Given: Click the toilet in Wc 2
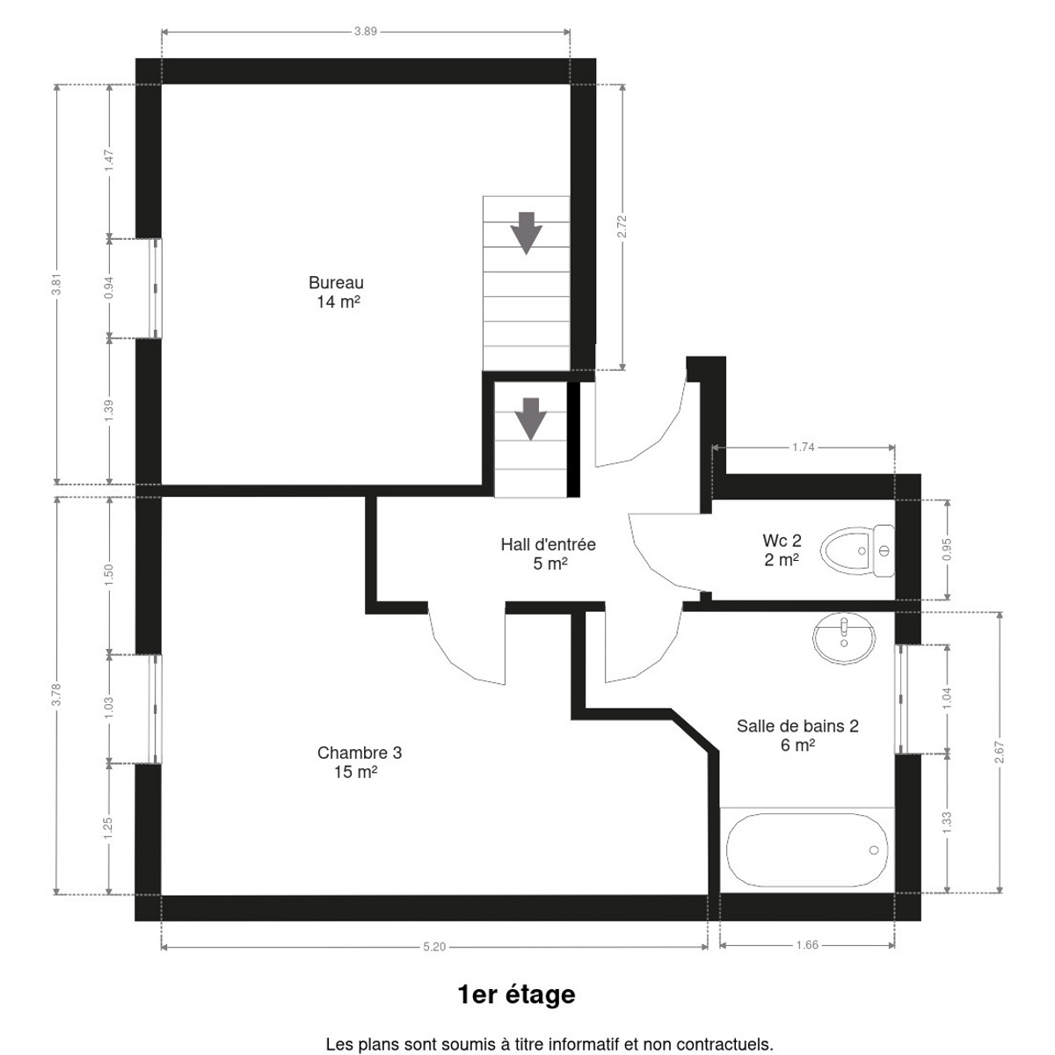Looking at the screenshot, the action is tap(857, 550).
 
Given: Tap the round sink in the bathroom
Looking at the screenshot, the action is tap(844, 638).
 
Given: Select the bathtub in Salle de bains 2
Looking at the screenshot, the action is tap(807, 849).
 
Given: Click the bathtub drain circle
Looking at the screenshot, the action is tap(874, 849).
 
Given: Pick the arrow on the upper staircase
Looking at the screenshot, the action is tap(526, 233).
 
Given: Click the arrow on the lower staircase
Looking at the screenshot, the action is tap(530, 418).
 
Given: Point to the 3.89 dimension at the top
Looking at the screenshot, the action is tap(365, 32).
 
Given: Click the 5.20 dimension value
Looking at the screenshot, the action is tap(434, 947).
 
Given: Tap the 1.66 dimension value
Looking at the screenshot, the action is tap(807, 945).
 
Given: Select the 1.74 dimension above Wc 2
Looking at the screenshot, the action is tap(804, 447).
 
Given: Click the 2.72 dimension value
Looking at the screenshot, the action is tap(622, 226).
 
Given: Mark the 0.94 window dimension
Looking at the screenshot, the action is tap(109, 288).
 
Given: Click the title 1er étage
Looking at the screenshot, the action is tap(516, 994).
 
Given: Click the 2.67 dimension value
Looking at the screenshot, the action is tap(1000, 753).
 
